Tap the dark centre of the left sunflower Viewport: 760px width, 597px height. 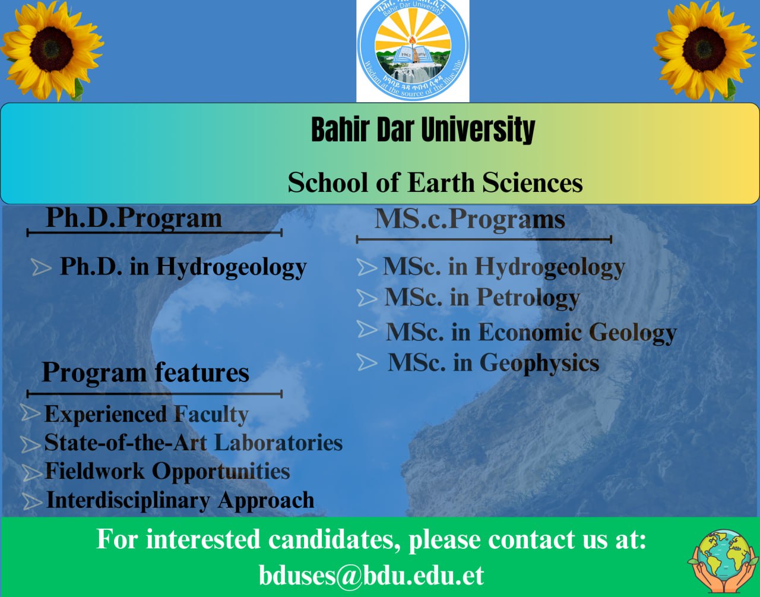(x=52, y=50)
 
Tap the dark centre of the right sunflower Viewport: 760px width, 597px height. (x=704, y=50)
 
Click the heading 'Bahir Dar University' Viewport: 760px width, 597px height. (x=423, y=129)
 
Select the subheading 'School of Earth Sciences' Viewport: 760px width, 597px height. (x=435, y=182)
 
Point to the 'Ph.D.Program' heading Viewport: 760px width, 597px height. (x=134, y=218)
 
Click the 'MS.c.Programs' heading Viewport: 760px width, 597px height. (x=470, y=219)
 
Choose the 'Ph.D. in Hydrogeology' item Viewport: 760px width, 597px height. (x=183, y=267)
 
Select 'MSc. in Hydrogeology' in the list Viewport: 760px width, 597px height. (x=503, y=267)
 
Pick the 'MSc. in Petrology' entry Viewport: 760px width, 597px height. (x=482, y=298)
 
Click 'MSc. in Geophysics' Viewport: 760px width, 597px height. (x=493, y=363)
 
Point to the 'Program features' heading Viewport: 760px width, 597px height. (x=145, y=373)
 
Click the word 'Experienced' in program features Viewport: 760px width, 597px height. (x=106, y=415)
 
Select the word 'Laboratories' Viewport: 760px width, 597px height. (x=278, y=443)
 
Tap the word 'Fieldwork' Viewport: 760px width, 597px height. (x=94, y=470)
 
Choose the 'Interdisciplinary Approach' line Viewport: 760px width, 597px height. (x=180, y=500)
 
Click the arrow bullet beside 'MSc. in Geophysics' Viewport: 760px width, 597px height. (x=367, y=362)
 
